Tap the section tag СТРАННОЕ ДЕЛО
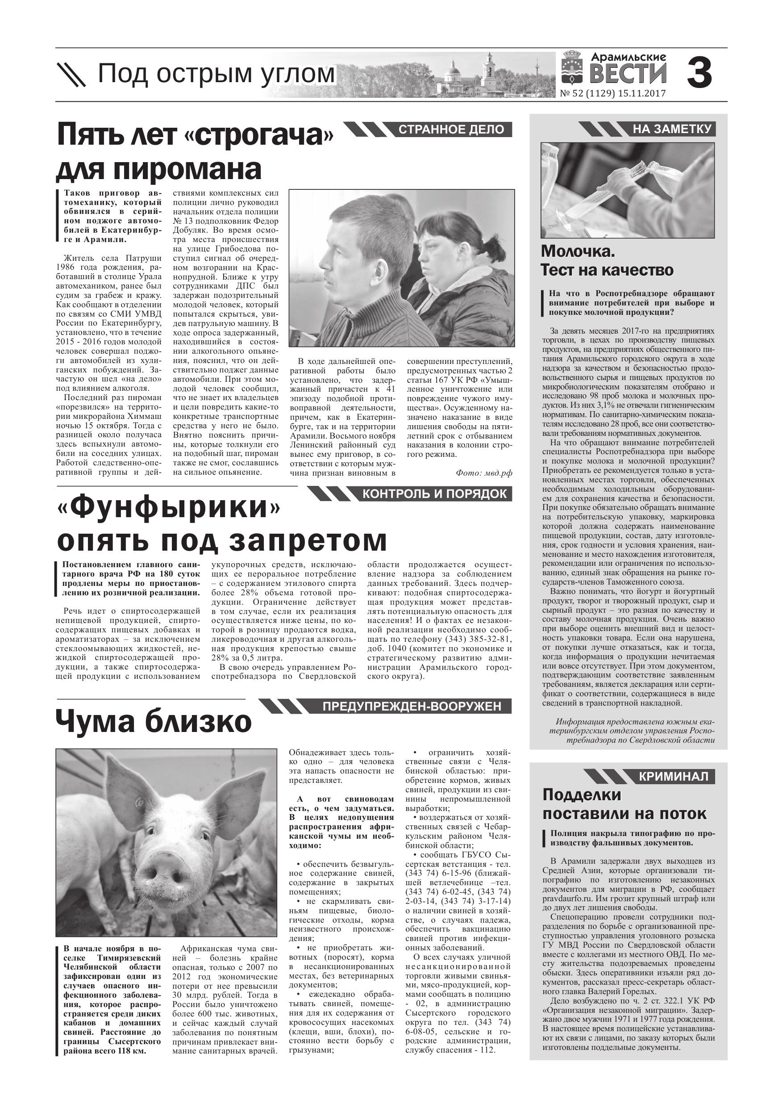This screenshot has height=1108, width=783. [451, 130]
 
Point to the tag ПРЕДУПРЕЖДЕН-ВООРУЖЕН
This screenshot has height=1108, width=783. [412, 707]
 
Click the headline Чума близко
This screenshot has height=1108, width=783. [154, 723]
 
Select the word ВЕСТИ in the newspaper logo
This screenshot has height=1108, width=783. [628, 74]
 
